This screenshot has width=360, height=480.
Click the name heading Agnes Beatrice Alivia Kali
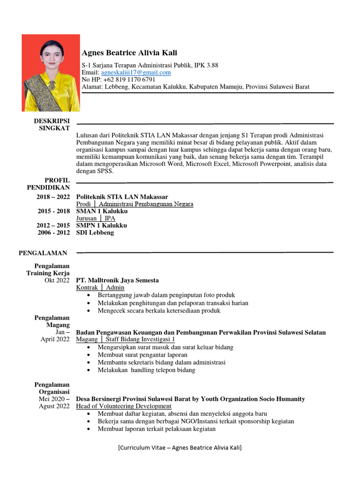[x=129, y=53]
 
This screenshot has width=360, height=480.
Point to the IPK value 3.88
[x=212, y=65]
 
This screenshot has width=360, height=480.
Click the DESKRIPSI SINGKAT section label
[x=52, y=124]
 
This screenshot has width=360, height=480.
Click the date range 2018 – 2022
[x=53, y=197]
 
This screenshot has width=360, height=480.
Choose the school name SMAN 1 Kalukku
[x=102, y=211]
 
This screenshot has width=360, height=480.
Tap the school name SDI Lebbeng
[x=95, y=232]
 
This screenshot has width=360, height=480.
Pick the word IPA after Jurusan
[x=110, y=218]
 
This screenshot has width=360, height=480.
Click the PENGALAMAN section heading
[x=43, y=253]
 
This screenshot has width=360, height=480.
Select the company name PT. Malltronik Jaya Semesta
[x=118, y=280]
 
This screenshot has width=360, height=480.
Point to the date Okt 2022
[x=57, y=280]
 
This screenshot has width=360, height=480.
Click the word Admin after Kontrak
[x=115, y=287]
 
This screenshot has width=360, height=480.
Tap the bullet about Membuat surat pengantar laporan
[x=142, y=355]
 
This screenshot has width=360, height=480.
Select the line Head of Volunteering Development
[x=124, y=406]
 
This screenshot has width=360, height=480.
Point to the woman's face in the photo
[x=51, y=55]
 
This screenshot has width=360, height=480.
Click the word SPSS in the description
[x=105, y=171]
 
